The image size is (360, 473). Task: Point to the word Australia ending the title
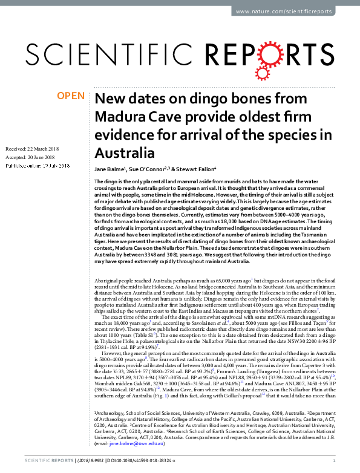click(121, 151)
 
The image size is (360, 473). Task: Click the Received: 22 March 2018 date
click(31, 149)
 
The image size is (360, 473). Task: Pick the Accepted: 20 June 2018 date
click(30, 157)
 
